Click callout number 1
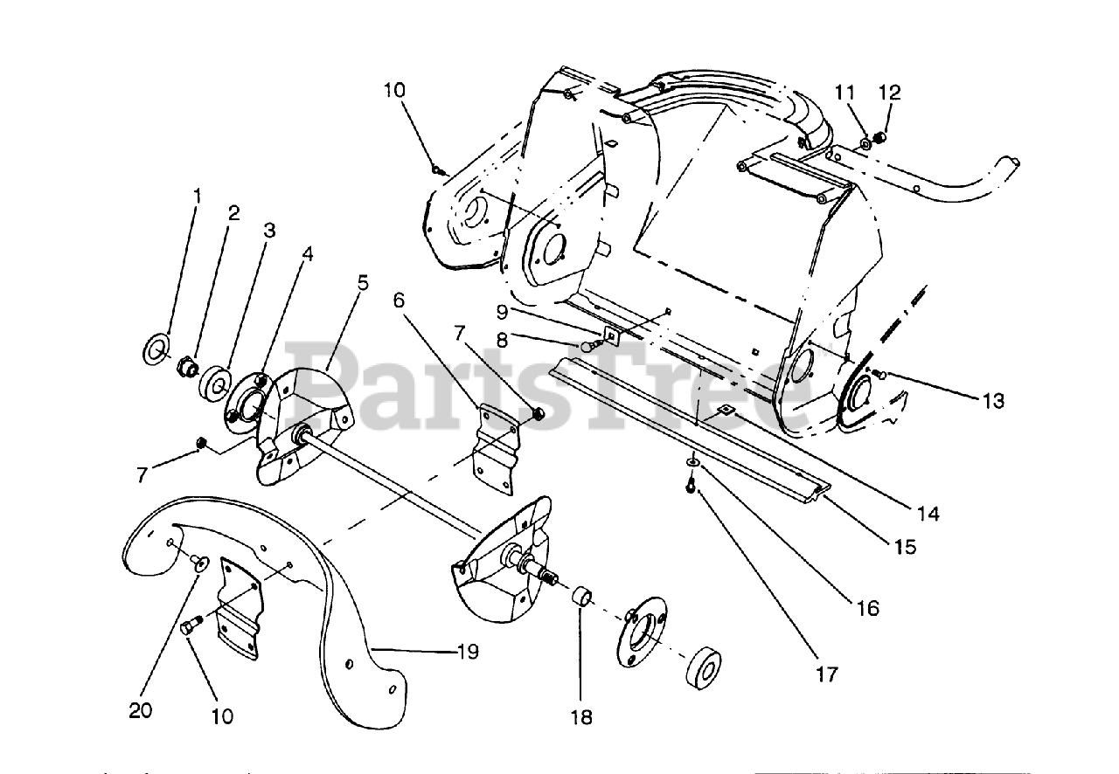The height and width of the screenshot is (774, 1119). tap(197, 194)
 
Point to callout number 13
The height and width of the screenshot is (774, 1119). tap(992, 401)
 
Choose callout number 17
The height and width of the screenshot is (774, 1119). tap(825, 674)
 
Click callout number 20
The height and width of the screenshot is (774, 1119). tap(140, 711)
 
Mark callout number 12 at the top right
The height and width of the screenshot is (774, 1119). tap(889, 92)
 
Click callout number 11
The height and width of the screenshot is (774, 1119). tap(844, 92)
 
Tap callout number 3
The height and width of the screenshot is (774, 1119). tap(268, 231)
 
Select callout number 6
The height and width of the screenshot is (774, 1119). tap(400, 300)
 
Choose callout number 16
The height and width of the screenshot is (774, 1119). tap(867, 607)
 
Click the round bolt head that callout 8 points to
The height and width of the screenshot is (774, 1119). tap(587, 347)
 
